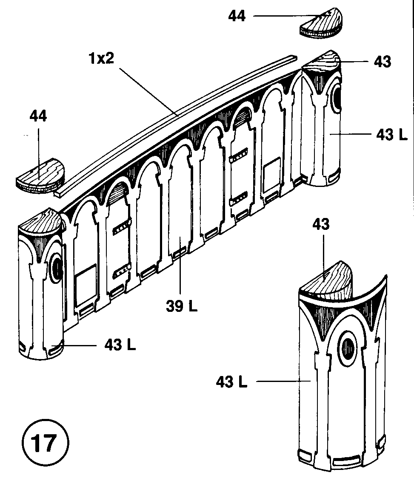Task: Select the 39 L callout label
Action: [182, 307]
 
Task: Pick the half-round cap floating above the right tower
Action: [322, 24]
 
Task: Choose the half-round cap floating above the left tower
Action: [40, 175]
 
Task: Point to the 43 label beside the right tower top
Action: [382, 62]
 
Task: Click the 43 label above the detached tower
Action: [321, 224]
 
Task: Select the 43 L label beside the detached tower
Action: [231, 382]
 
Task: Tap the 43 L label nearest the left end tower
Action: [120, 345]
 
